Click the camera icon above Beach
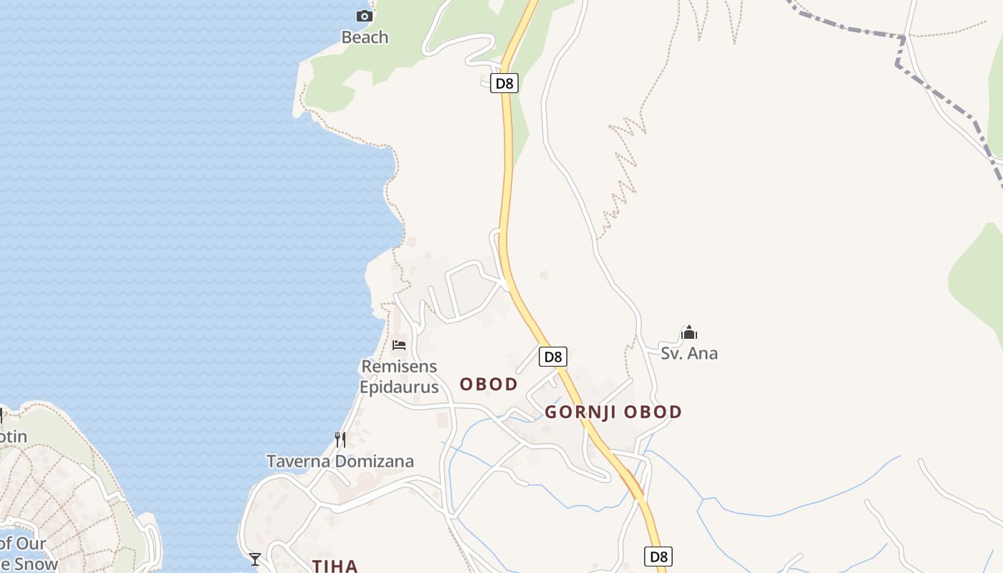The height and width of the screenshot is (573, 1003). pyautogui.click(x=365, y=16)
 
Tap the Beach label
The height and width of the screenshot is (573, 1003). pyautogui.click(x=365, y=37)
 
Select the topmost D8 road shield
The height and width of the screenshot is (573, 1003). pyautogui.click(x=504, y=83)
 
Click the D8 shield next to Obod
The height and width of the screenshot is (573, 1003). pyautogui.click(x=552, y=357)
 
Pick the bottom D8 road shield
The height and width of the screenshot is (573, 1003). pyautogui.click(x=658, y=557)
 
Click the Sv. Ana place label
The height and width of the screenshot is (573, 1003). pyautogui.click(x=689, y=353)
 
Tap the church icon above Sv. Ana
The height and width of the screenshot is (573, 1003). pyautogui.click(x=689, y=333)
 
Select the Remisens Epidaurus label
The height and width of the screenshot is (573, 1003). pyautogui.click(x=399, y=377)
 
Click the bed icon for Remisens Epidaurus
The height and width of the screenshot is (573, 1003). pyautogui.click(x=399, y=345)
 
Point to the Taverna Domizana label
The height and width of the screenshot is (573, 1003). pyautogui.click(x=340, y=461)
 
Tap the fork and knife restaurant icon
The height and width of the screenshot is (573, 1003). pyautogui.click(x=340, y=439)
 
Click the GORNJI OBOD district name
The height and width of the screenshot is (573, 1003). pyautogui.click(x=613, y=413)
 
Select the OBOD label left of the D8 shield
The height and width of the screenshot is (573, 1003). pyautogui.click(x=489, y=385)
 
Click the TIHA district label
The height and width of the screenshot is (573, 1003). pyautogui.click(x=335, y=566)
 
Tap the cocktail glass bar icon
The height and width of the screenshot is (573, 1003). pyautogui.click(x=255, y=559)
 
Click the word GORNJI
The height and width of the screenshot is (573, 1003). pyautogui.click(x=581, y=413)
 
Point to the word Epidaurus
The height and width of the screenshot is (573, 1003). pyautogui.click(x=399, y=387)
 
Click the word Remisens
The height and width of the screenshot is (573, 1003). pyautogui.click(x=399, y=367)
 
